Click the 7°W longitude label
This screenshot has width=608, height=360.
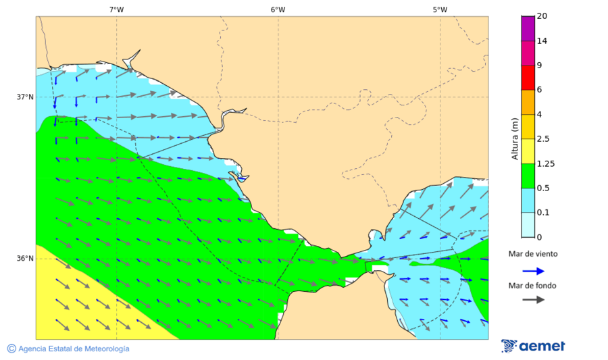[x=116, y=9]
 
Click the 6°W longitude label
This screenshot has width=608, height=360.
[x=278, y=9]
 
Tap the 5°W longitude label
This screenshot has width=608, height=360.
[x=440, y=9]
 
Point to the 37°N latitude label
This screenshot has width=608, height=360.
[x=25, y=97]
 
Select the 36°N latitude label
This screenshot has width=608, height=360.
[x=25, y=258]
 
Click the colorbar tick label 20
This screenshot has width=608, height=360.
[x=542, y=16]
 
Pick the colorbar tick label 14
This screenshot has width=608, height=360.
[x=542, y=41]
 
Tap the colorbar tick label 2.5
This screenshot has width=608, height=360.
[x=542, y=139]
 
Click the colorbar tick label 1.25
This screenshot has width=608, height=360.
[x=544, y=163]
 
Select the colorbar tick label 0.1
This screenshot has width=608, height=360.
[x=542, y=213]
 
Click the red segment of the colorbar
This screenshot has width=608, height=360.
[x=528, y=77]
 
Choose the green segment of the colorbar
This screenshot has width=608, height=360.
[x=528, y=176]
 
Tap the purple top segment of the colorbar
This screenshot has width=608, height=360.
[x=528, y=28]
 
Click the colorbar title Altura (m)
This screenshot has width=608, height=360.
[x=515, y=139]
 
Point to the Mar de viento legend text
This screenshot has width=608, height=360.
[x=534, y=254]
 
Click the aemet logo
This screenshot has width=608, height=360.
[x=534, y=346]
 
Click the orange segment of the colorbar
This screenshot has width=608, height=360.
[x=528, y=102]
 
